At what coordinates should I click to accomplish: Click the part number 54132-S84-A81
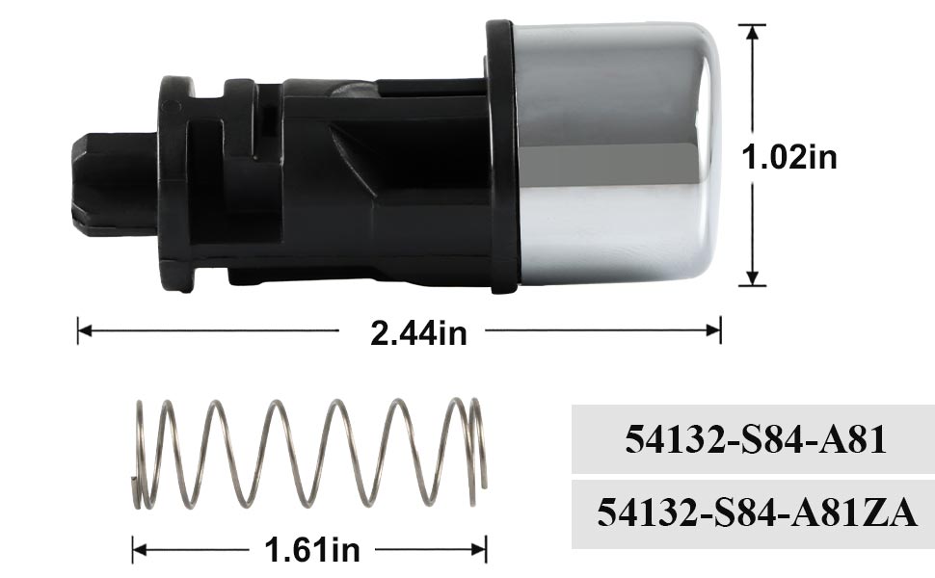tap(754, 440)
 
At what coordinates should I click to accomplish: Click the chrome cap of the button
tap(617, 154)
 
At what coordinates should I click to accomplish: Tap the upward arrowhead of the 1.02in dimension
tap(752, 32)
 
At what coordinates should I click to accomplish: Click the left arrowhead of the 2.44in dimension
tap(84, 330)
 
